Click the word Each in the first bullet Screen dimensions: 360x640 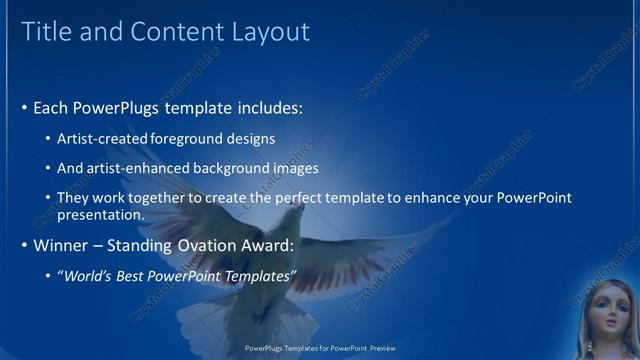click(51, 107)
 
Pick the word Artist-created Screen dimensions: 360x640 click(103, 138)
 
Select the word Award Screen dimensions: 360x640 click(265, 245)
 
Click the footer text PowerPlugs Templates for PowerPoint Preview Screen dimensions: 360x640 click(320, 349)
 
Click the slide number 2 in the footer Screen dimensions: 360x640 click(590, 348)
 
